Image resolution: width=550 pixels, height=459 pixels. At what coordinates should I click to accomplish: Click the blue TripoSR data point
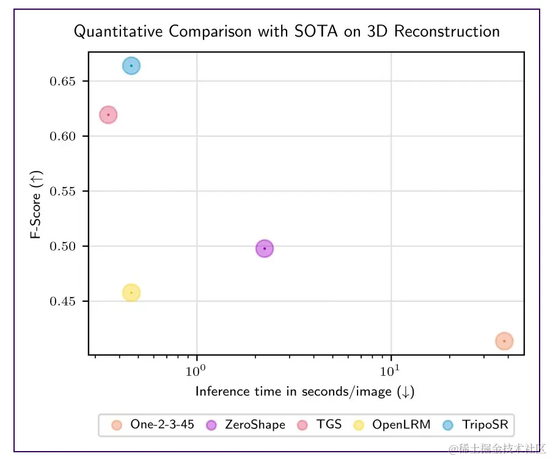point(131,66)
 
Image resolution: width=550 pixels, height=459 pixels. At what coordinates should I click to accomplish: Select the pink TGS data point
point(108,114)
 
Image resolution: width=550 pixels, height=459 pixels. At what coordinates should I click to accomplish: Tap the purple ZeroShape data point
point(264,249)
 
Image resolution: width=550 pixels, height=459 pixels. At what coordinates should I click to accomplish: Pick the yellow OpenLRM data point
point(131,293)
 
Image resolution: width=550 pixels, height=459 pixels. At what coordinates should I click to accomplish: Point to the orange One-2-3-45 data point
point(504,341)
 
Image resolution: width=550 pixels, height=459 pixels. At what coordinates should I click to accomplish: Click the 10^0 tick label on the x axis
point(196,371)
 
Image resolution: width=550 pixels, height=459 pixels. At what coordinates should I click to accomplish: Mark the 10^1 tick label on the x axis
point(390,371)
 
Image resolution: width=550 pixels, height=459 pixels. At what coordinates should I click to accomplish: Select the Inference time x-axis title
point(305,392)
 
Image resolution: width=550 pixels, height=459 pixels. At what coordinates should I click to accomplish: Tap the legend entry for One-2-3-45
point(153,425)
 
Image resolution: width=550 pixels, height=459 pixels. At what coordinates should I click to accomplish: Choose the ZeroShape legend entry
point(246,425)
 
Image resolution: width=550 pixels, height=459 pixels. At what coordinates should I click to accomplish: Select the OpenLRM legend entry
point(392,425)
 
